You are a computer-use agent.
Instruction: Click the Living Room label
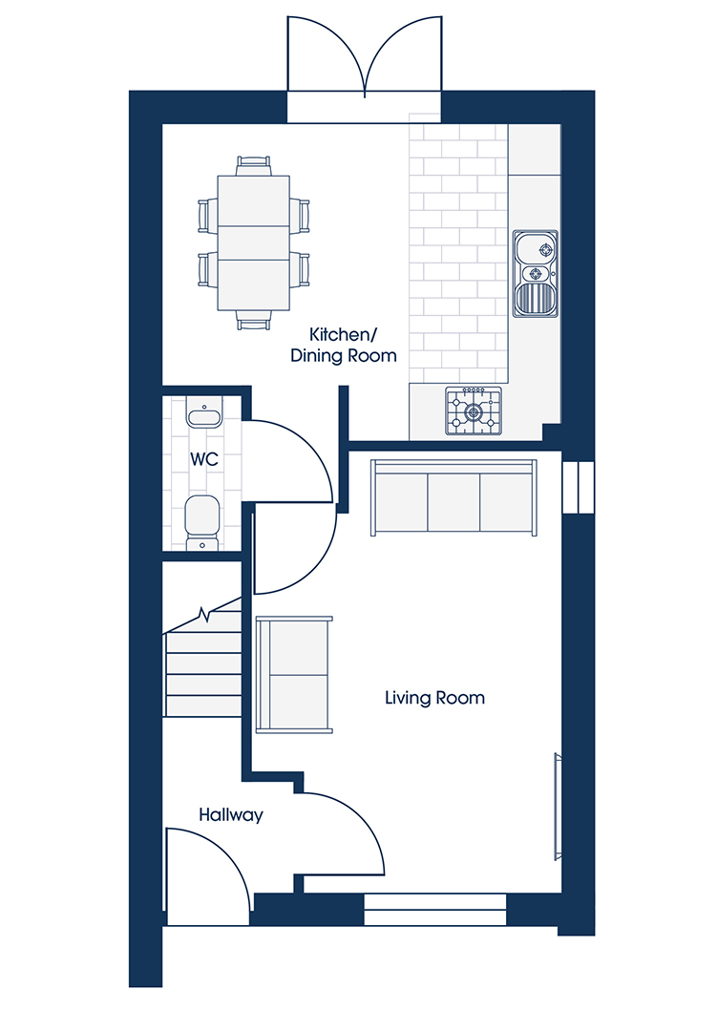tap(434, 698)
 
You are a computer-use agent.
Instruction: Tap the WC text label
tap(204, 459)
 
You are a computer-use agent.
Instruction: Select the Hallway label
tap(231, 815)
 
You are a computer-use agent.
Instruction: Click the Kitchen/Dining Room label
tap(344, 346)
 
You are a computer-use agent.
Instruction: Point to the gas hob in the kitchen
tap(474, 410)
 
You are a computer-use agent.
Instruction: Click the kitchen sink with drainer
tap(536, 274)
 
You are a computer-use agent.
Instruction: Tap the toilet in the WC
tap(202, 523)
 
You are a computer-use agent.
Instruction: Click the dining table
tap(253, 242)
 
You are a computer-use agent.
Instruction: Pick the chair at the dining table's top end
tap(254, 165)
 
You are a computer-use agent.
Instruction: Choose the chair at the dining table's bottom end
tap(254, 320)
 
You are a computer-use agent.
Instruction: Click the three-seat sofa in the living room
tap(453, 497)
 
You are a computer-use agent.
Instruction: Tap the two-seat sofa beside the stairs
tap(294, 674)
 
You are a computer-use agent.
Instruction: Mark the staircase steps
tap(202, 664)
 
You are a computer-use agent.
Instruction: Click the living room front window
tap(434, 910)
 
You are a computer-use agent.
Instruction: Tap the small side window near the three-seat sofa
tap(579, 487)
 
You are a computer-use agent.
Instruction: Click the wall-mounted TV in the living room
tap(558, 806)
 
